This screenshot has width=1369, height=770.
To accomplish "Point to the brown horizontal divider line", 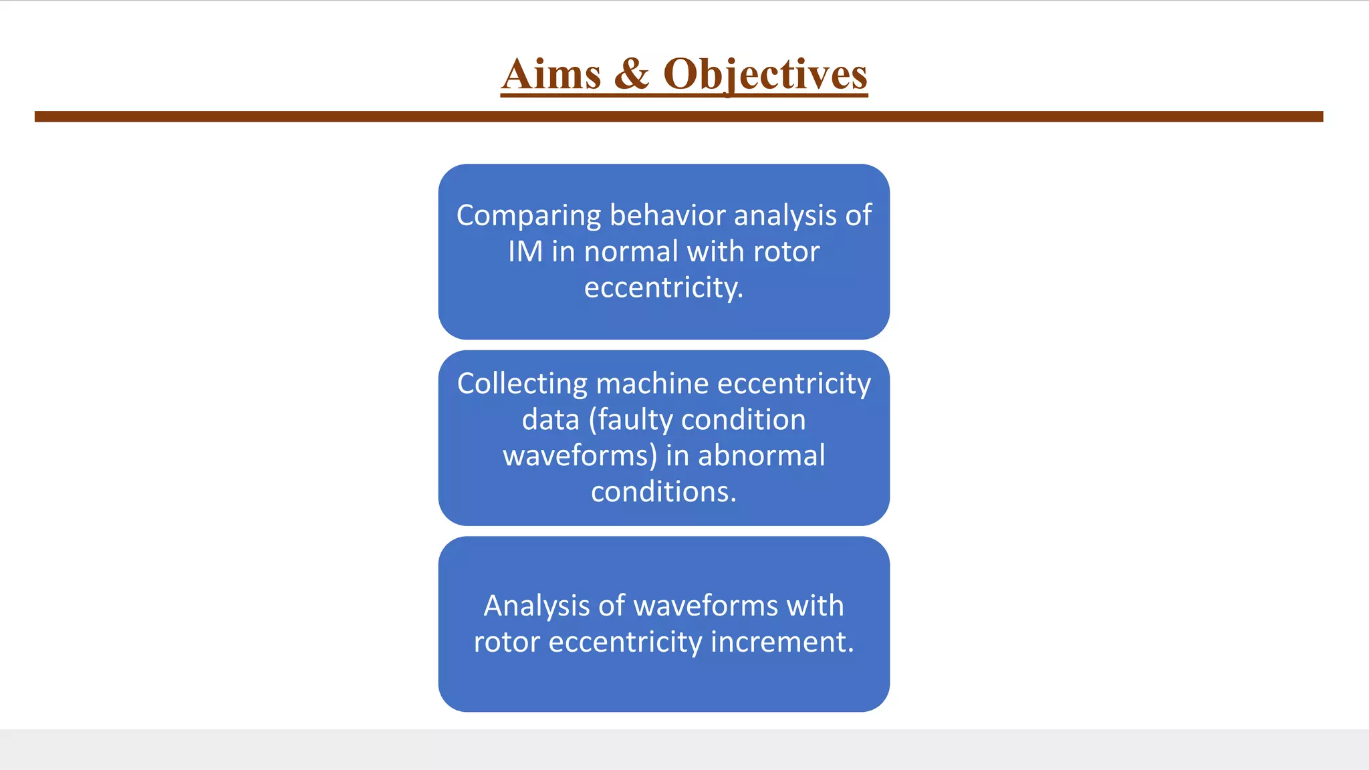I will click(678, 116).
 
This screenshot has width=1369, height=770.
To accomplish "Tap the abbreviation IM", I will click(525, 252).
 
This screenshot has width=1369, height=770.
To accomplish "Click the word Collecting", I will click(522, 384).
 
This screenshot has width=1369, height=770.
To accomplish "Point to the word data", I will click(550, 420).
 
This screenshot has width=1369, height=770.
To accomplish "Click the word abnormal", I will click(761, 456).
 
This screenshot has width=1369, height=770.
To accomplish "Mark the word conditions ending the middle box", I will click(663, 492).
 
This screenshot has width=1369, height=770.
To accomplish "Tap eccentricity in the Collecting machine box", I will click(794, 384).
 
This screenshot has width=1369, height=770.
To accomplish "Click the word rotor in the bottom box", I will click(507, 642).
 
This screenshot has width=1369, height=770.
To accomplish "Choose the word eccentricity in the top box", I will click(663, 288).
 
